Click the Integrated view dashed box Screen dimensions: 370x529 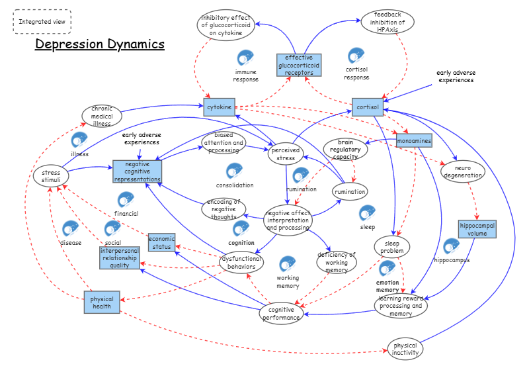pos(42,21)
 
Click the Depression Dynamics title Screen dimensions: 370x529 pos(100,44)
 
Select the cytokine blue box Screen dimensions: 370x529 pos(220,107)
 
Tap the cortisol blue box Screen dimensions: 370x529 pos(368,107)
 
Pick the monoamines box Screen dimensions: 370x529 pos(414,141)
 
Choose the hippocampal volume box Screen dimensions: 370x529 pos(476,229)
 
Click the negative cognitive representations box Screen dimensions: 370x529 pos(138,171)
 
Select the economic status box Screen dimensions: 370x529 pos(161,243)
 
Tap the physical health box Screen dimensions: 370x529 pos(102,302)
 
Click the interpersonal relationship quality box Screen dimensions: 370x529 pos(120,258)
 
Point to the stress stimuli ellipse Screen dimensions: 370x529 pos(51,177)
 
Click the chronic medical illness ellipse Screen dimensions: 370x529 pos(102,115)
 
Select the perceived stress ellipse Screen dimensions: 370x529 pos(285,154)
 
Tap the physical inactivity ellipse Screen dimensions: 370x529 pos(405,349)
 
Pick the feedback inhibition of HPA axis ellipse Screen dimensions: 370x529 pos(387,22)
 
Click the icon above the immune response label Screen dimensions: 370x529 pos(245,58)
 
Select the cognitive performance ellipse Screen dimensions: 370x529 pos(281,313)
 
